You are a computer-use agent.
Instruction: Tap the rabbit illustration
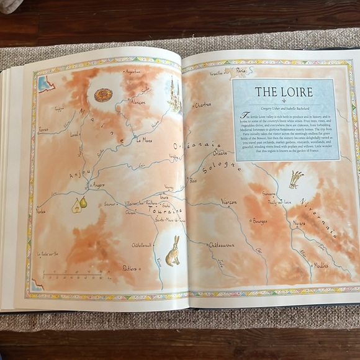coord(173,251)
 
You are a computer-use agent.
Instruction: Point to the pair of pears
coord(79,204)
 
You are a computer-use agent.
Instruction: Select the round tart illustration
coord(103,95)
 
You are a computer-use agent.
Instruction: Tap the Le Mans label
coord(143,140)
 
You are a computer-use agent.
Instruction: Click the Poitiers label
coord(129,268)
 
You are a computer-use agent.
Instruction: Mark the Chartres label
coord(202,106)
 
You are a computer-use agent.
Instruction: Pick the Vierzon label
coord(228,201)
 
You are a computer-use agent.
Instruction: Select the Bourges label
coord(259,220)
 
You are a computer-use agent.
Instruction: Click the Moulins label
coord(320,265)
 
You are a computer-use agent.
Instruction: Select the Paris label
coord(241,71)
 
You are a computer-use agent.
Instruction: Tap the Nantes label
coord(40,211)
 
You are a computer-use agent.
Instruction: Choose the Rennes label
coord(43,130)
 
